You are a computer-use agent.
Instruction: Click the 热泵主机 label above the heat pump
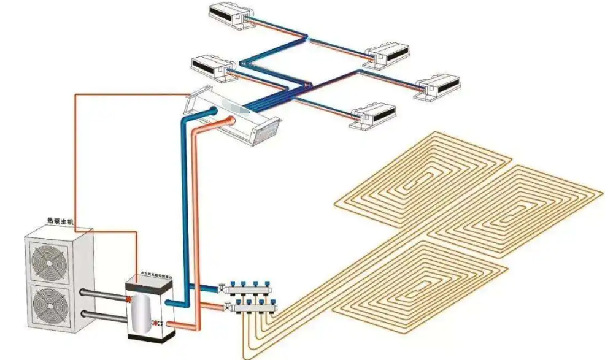coord(60,221)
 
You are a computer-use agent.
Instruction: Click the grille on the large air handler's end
coord(265,128)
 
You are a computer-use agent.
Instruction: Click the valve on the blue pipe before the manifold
coord(220,286)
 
